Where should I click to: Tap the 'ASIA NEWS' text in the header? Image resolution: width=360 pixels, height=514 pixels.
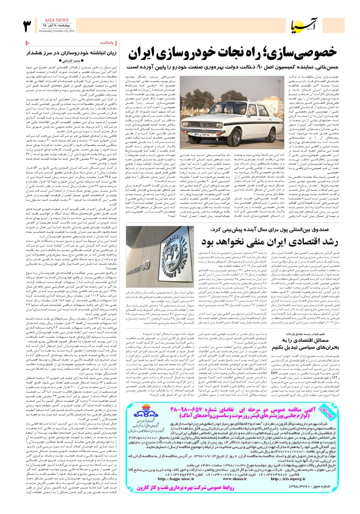click(51, 20)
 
